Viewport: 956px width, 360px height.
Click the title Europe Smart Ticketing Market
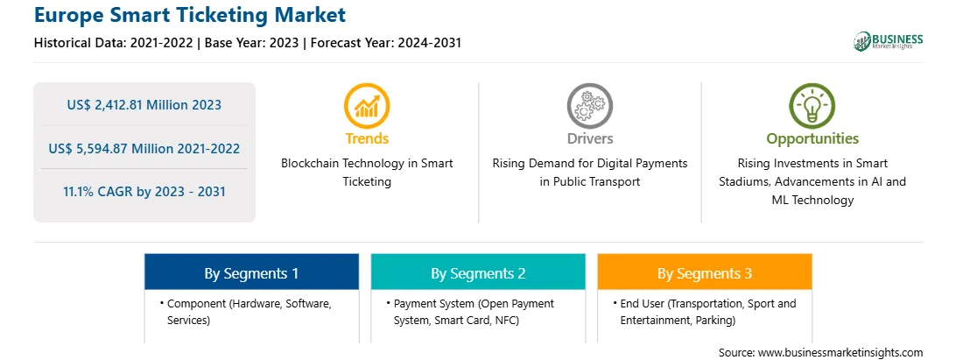click(190, 15)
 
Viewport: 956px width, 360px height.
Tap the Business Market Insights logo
click(888, 41)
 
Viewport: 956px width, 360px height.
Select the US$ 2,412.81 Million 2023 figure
click(144, 105)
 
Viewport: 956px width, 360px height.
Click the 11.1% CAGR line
click(144, 192)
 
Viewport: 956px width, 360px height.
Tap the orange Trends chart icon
click(367, 106)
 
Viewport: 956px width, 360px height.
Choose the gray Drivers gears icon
click(589, 106)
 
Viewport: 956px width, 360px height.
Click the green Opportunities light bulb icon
click(812, 106)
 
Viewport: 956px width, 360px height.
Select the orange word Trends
click(367, 138)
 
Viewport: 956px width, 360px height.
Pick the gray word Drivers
click(590, 138)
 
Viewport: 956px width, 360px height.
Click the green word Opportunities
click(812, 138)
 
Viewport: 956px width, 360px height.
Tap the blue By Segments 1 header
click(252, 272)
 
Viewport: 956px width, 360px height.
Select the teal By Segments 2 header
click(478, 272)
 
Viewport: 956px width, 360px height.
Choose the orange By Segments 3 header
click(705, 272)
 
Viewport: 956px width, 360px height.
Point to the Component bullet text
click(246, 312)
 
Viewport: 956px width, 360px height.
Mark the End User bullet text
click(705, 312)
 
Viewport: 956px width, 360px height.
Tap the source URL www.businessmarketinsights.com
click(840, 352)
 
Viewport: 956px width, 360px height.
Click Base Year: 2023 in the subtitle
click(252, 43)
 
